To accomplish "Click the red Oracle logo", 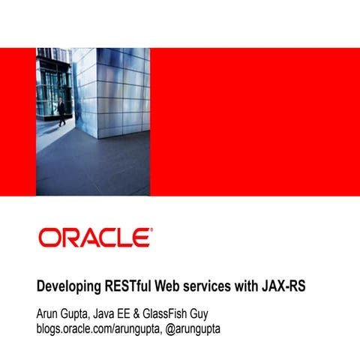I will pos(94,238).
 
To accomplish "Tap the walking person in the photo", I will pos(61,110).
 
